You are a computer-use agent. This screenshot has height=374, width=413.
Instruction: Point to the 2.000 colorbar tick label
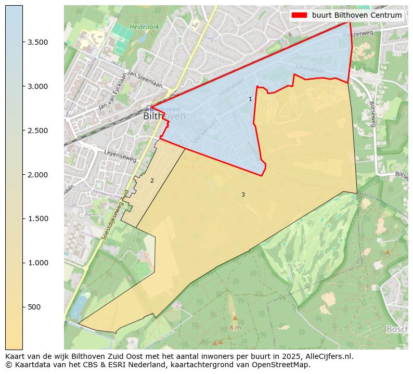(x=38, y=175)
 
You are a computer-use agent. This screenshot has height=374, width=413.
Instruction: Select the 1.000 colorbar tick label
(x=38, y=263)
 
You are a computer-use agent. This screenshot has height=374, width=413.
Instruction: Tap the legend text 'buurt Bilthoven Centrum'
(x=357, y=15)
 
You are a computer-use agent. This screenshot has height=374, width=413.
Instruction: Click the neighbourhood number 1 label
(x=250, y=99)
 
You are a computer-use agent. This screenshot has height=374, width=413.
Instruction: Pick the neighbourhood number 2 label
(x=152, y=180)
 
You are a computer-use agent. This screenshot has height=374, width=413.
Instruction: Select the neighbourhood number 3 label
(x=243, y=195)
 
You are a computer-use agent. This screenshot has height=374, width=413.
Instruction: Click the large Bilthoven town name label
(x=164, y=117)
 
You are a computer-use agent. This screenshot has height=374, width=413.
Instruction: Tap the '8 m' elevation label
(x=235, y=328)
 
